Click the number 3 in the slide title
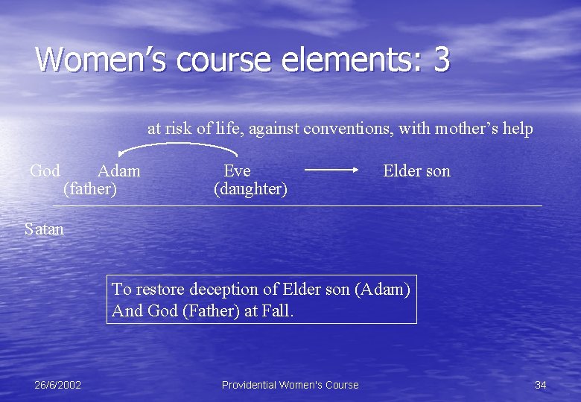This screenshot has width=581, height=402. point(441,60)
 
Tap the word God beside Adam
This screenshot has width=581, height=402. point(45,170)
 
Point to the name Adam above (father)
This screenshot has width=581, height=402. point(118,170)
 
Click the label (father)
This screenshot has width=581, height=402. point(90,189)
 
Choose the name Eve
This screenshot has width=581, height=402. point(238,170)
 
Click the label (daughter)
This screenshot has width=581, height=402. point(250,189)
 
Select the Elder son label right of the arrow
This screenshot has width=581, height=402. point(416,170)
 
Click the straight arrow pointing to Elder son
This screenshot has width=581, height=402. point(332,170)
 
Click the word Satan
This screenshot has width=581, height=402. point(44,229)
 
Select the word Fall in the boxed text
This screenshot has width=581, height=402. point(279,311)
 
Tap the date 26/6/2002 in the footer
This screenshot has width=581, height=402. point(57,385)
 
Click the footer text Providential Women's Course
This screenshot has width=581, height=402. point(290,385)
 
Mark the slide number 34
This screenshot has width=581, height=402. point(541,385)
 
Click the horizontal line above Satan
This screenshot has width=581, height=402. point(298,205)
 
